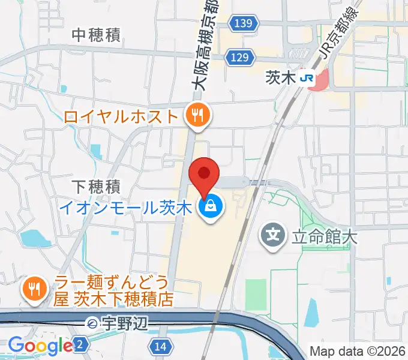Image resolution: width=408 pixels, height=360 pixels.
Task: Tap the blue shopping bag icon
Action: [x=211, y=208]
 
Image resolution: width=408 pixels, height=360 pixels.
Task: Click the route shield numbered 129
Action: [x=238, y=57]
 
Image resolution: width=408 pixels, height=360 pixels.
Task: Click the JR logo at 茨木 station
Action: [x=307, y=78]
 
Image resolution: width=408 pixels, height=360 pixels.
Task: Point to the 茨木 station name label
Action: [x=281, y=78]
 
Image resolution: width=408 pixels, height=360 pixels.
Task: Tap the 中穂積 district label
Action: [x=96, y=35]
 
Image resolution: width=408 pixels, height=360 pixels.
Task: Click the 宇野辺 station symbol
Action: [x=94, y=324]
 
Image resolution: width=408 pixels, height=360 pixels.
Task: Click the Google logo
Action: [x=40, y=346]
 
